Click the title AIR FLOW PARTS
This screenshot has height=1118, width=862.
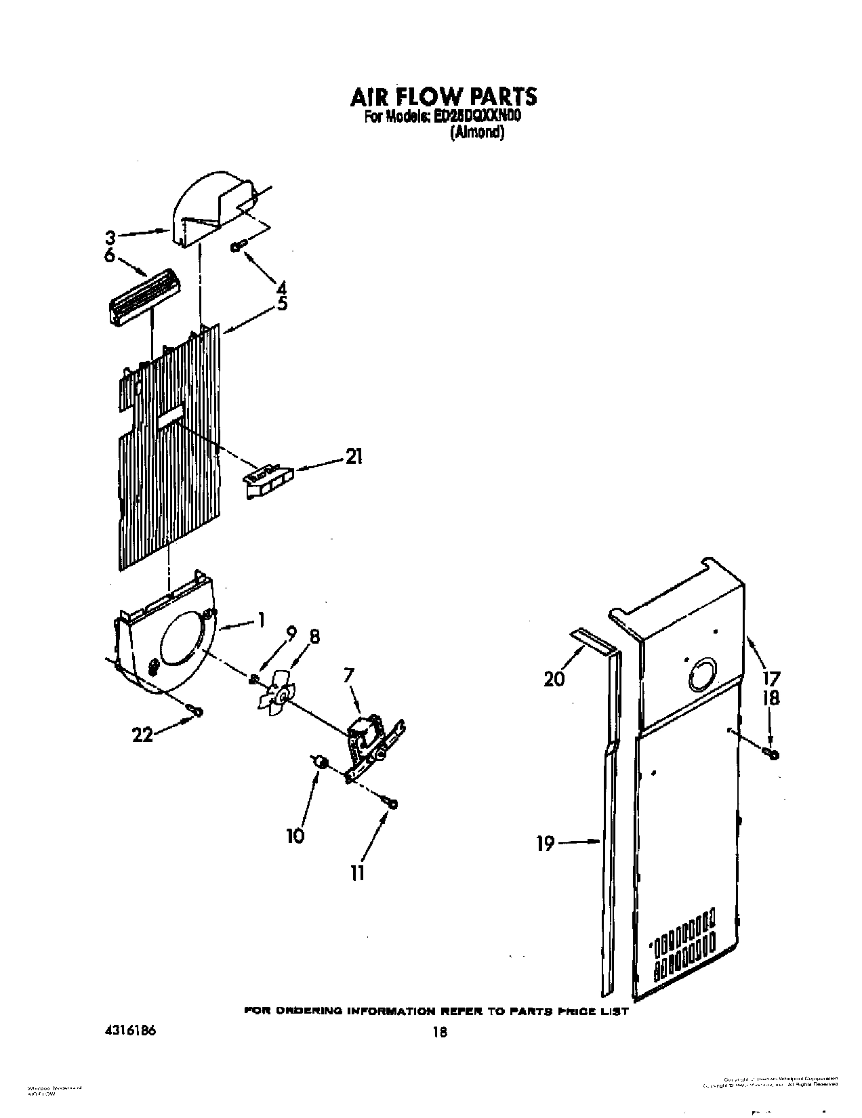click(443, 96)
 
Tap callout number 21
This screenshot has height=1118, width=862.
click(354, 457)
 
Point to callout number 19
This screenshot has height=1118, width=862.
click(546, 844)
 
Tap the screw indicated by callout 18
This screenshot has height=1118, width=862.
click(771, 752)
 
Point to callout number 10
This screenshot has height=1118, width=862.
click(295, 835)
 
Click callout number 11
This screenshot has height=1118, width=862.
click(357, 873)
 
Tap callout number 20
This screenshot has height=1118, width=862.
click(554, 677)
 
